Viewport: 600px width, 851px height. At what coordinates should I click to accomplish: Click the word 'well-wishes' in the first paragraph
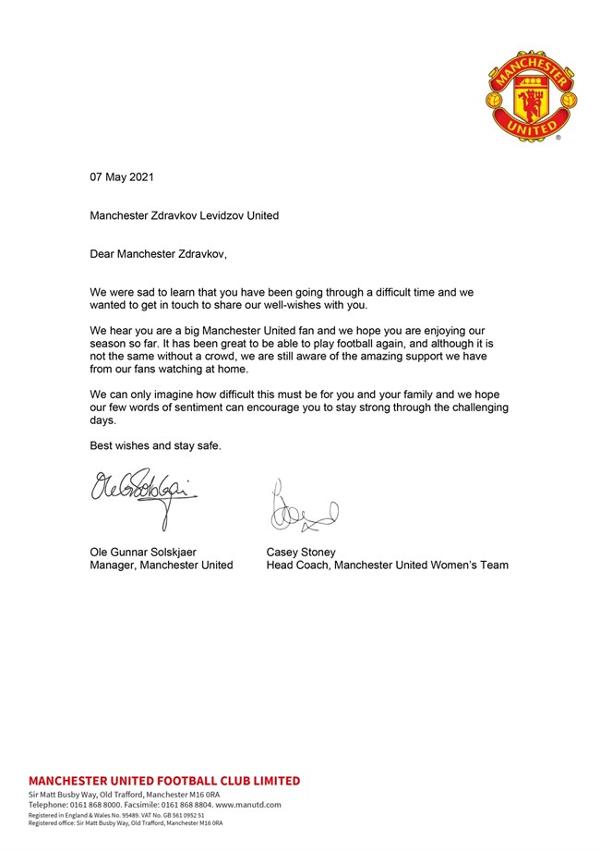coord(306,304)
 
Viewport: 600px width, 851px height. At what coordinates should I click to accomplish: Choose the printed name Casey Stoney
coord(301,553)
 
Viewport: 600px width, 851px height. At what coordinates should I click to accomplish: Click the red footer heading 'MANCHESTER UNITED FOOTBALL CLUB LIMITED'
coord(164,781)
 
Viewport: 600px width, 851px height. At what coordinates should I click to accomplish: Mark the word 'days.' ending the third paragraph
coord(103,419)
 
